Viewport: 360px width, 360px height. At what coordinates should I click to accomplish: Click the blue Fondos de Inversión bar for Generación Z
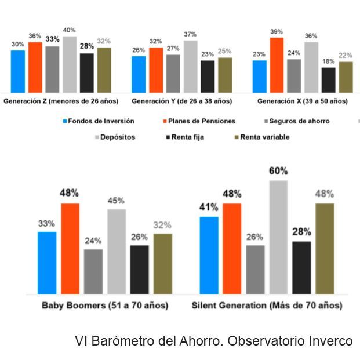pos(18,71)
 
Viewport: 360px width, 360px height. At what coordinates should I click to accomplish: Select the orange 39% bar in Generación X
pos(277,65)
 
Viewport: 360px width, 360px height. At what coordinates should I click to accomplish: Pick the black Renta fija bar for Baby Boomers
pos(139,270)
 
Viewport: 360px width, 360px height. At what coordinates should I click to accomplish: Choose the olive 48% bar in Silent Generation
pos(325,249)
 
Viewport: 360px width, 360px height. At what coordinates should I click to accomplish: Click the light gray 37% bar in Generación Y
pos(191,67)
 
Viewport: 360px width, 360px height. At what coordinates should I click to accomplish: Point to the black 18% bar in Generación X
pos(328,80)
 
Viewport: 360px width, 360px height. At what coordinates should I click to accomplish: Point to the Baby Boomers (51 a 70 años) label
pos(104,306)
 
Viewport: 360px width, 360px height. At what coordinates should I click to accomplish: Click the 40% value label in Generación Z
pos(70,30)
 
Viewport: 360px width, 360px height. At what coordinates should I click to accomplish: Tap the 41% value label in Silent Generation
pos(209,207)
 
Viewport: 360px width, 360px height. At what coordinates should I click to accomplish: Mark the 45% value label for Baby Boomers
pos(117,201)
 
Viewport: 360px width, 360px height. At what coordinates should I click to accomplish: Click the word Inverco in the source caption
pos(331,341)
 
